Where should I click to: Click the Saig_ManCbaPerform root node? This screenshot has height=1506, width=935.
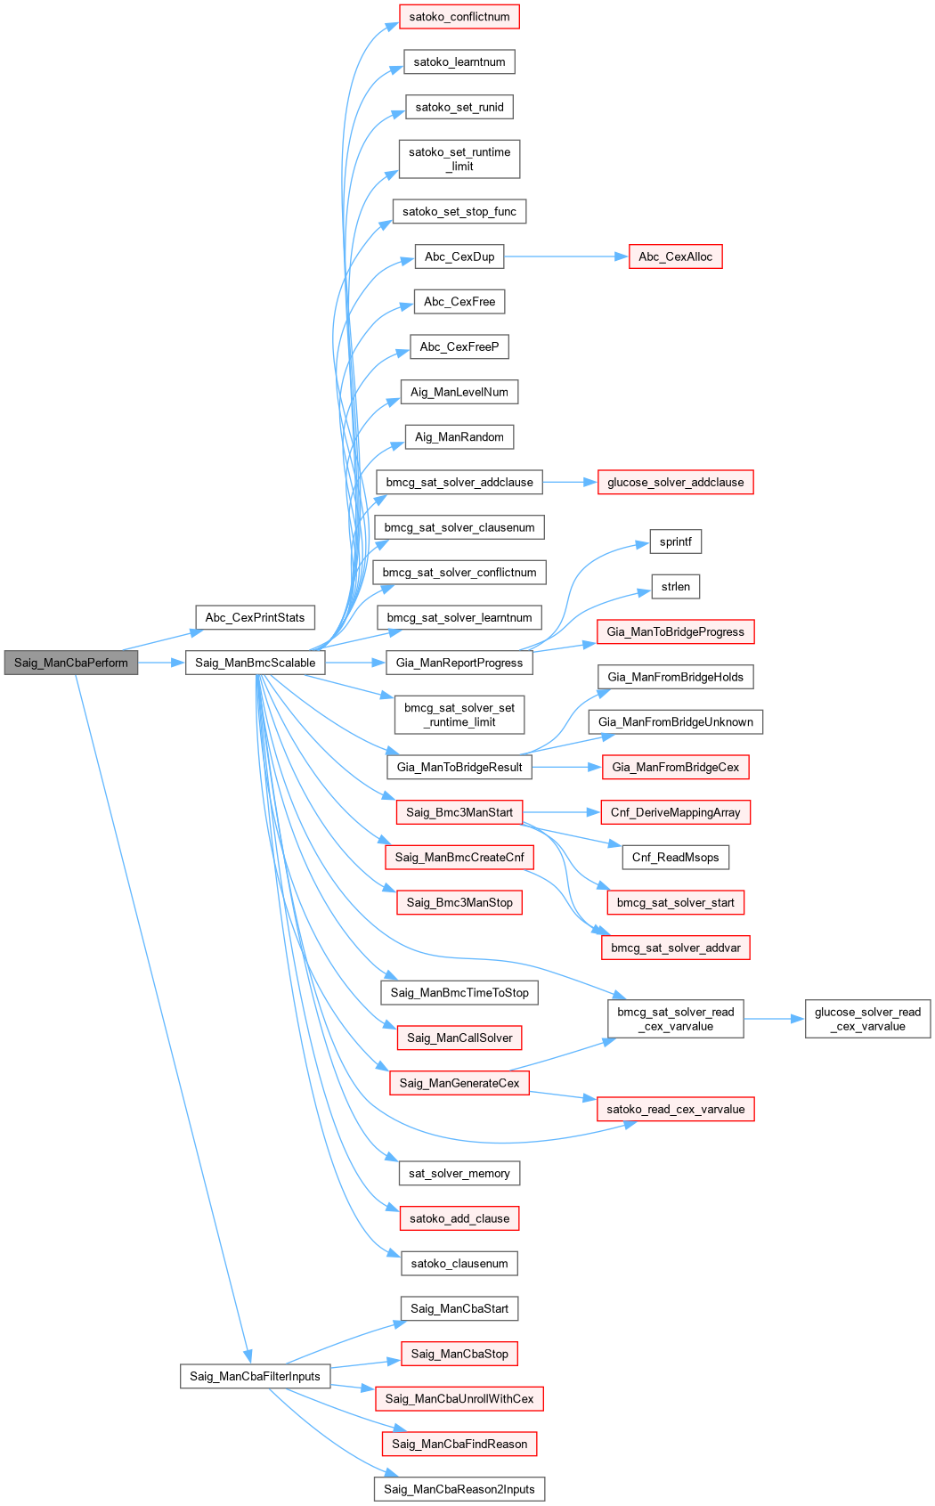click(71, 663)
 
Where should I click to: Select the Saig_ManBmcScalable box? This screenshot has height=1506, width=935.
click(256, 663)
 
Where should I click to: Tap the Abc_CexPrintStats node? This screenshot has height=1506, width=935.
click(255, 617)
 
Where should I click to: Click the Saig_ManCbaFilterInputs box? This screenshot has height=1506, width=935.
click(255, 1376)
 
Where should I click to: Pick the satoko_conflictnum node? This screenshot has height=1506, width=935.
click(459, 17)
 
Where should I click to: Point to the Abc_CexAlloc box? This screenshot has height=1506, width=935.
click(675, 256)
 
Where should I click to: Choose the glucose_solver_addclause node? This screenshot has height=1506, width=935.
click(675, 482)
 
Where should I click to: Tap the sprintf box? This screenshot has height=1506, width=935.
click(675, 541)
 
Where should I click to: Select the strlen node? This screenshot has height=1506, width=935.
click(675, 586)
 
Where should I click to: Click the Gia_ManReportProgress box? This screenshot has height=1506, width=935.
click(459, 663)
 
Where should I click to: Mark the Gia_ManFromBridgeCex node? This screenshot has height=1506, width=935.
click(675, 767)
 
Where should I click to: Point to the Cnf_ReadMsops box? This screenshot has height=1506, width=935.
click(675, 857)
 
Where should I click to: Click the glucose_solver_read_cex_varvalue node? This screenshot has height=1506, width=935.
click(867, 1019)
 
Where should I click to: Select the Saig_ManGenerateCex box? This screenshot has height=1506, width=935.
click(459, 1083)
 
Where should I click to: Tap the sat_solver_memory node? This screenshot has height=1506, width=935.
click(459, 1173)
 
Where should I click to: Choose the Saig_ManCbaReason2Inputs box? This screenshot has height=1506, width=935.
click(459, 1489)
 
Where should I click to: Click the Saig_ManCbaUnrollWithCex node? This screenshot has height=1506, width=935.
click(459, 1398)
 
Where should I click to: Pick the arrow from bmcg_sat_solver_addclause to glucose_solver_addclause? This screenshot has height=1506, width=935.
click(570, 482)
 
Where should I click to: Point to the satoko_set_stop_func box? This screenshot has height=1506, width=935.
click(459, 211)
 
